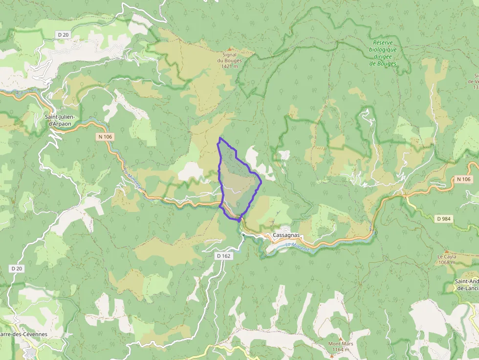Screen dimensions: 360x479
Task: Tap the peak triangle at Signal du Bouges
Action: tap(229, 49)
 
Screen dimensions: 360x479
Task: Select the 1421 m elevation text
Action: tap(229, 66)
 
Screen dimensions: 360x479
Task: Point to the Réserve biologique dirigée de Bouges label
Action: tap(383, 53)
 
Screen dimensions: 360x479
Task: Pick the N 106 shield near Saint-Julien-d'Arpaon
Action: tap(105, 137)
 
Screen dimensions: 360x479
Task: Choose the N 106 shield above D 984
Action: tap(464, 180)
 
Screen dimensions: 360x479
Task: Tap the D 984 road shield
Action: tap(443, 218)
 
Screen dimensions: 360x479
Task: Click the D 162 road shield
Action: tap(223, 255)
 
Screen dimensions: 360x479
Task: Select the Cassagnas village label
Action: tap(287, 235)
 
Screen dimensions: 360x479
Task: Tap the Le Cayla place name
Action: tap(446, 256)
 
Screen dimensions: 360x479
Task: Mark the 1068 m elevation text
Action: tap(446, 262)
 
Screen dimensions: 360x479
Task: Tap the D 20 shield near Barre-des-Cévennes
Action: tap(16, 269)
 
